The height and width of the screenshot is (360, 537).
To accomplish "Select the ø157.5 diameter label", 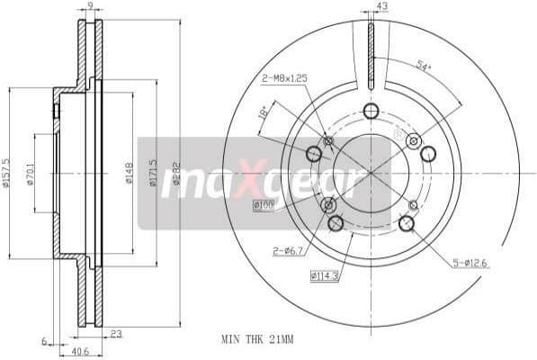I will [7, 171].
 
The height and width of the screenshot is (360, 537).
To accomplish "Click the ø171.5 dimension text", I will [153, 171].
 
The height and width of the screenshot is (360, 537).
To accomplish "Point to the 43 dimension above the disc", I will [382, 7].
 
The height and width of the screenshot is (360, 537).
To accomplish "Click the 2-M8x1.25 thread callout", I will [286, 79].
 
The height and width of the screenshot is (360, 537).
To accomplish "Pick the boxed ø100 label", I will [264, 205].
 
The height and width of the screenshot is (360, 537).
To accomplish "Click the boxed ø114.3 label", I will [325, 274].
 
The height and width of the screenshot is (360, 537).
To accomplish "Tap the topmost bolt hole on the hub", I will [371, 111].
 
